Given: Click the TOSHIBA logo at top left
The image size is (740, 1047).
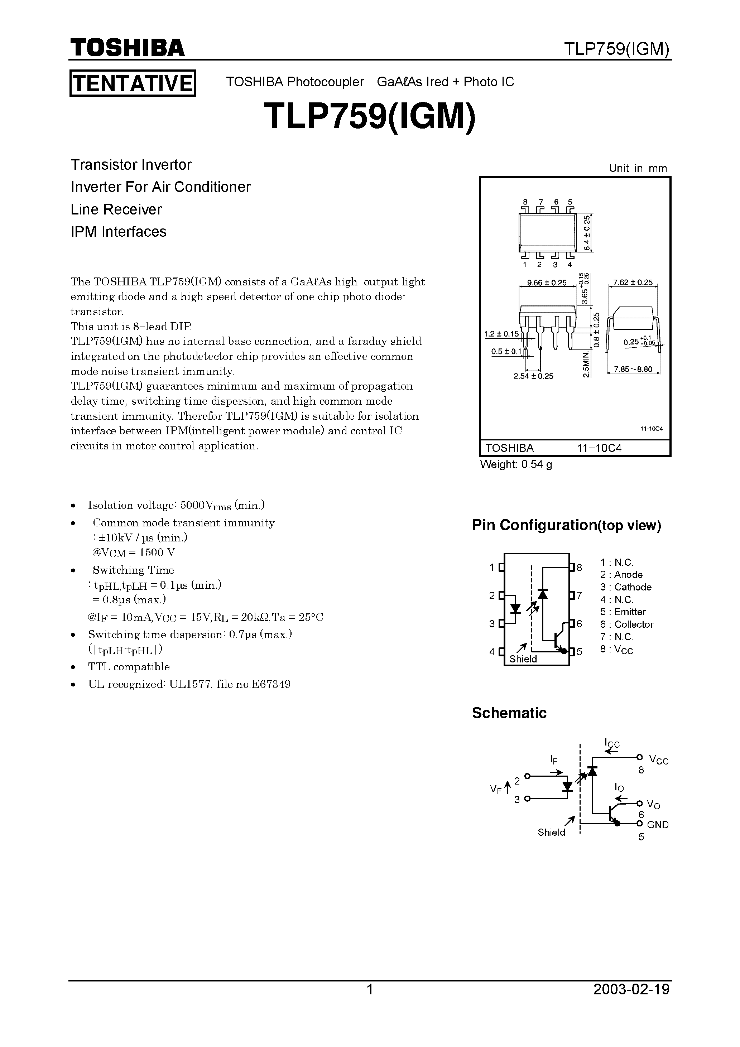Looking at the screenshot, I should point(127,47).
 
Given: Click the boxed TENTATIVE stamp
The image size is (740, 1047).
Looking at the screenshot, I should point(132,83).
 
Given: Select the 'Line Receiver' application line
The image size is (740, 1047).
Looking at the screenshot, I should point(116,209).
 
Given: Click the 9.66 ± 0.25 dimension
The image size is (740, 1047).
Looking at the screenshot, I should point(546,283).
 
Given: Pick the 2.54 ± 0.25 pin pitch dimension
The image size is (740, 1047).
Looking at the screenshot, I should point(533,376).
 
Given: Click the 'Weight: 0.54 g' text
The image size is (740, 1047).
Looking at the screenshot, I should point(516,465).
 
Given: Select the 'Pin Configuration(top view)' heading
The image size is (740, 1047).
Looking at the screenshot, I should point(567,525).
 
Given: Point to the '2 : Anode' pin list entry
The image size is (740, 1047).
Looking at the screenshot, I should point(621,575).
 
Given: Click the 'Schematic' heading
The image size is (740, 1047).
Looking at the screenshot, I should point(509,713).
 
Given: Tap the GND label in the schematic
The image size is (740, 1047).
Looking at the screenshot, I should point(657,825).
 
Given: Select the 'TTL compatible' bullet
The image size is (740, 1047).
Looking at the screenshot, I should point(129,667).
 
